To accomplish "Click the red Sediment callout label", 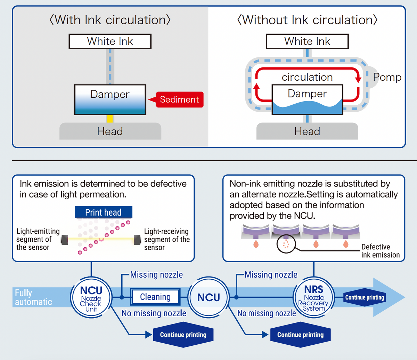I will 179,99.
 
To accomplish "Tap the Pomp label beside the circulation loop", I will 387,77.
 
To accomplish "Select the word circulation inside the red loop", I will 307,77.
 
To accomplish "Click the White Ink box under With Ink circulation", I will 110,41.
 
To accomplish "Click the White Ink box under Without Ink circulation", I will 307,41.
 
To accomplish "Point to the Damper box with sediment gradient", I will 110,99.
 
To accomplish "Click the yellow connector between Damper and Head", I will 110,119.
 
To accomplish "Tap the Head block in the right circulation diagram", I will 307,131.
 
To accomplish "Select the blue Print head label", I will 103,212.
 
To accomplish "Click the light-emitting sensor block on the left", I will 65,239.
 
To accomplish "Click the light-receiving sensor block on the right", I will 137,239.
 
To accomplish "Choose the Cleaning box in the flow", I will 155,297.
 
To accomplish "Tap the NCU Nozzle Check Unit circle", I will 91,298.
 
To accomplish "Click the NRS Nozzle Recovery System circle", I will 314,298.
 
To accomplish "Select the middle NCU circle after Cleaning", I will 208,297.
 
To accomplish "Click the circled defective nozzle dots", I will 286,245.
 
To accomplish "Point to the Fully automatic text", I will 33,297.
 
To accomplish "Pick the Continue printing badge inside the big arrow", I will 365,297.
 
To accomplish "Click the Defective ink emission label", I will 380,251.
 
